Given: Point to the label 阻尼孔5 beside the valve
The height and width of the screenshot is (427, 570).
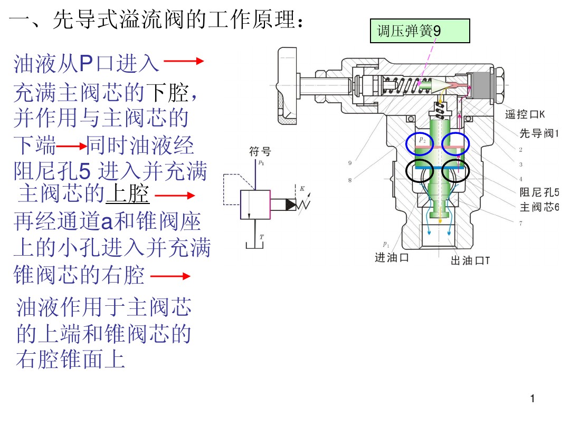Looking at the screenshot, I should [539, 192].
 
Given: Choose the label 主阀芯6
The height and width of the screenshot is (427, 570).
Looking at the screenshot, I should [539, 207].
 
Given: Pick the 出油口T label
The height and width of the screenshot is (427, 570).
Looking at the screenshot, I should [470, 260].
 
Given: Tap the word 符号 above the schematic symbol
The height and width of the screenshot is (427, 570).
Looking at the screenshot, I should [260, 152].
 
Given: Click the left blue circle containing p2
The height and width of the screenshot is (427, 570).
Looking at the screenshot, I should [420, 143].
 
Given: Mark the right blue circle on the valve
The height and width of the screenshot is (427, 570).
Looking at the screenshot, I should [455, 143].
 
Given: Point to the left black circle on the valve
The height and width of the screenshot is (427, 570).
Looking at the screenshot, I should [420, 171].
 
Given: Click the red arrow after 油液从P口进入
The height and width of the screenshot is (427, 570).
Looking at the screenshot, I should [184, 62].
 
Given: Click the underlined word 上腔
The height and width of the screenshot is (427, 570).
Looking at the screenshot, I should [128, 194].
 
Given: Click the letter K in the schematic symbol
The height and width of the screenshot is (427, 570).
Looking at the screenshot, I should [302, 188].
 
